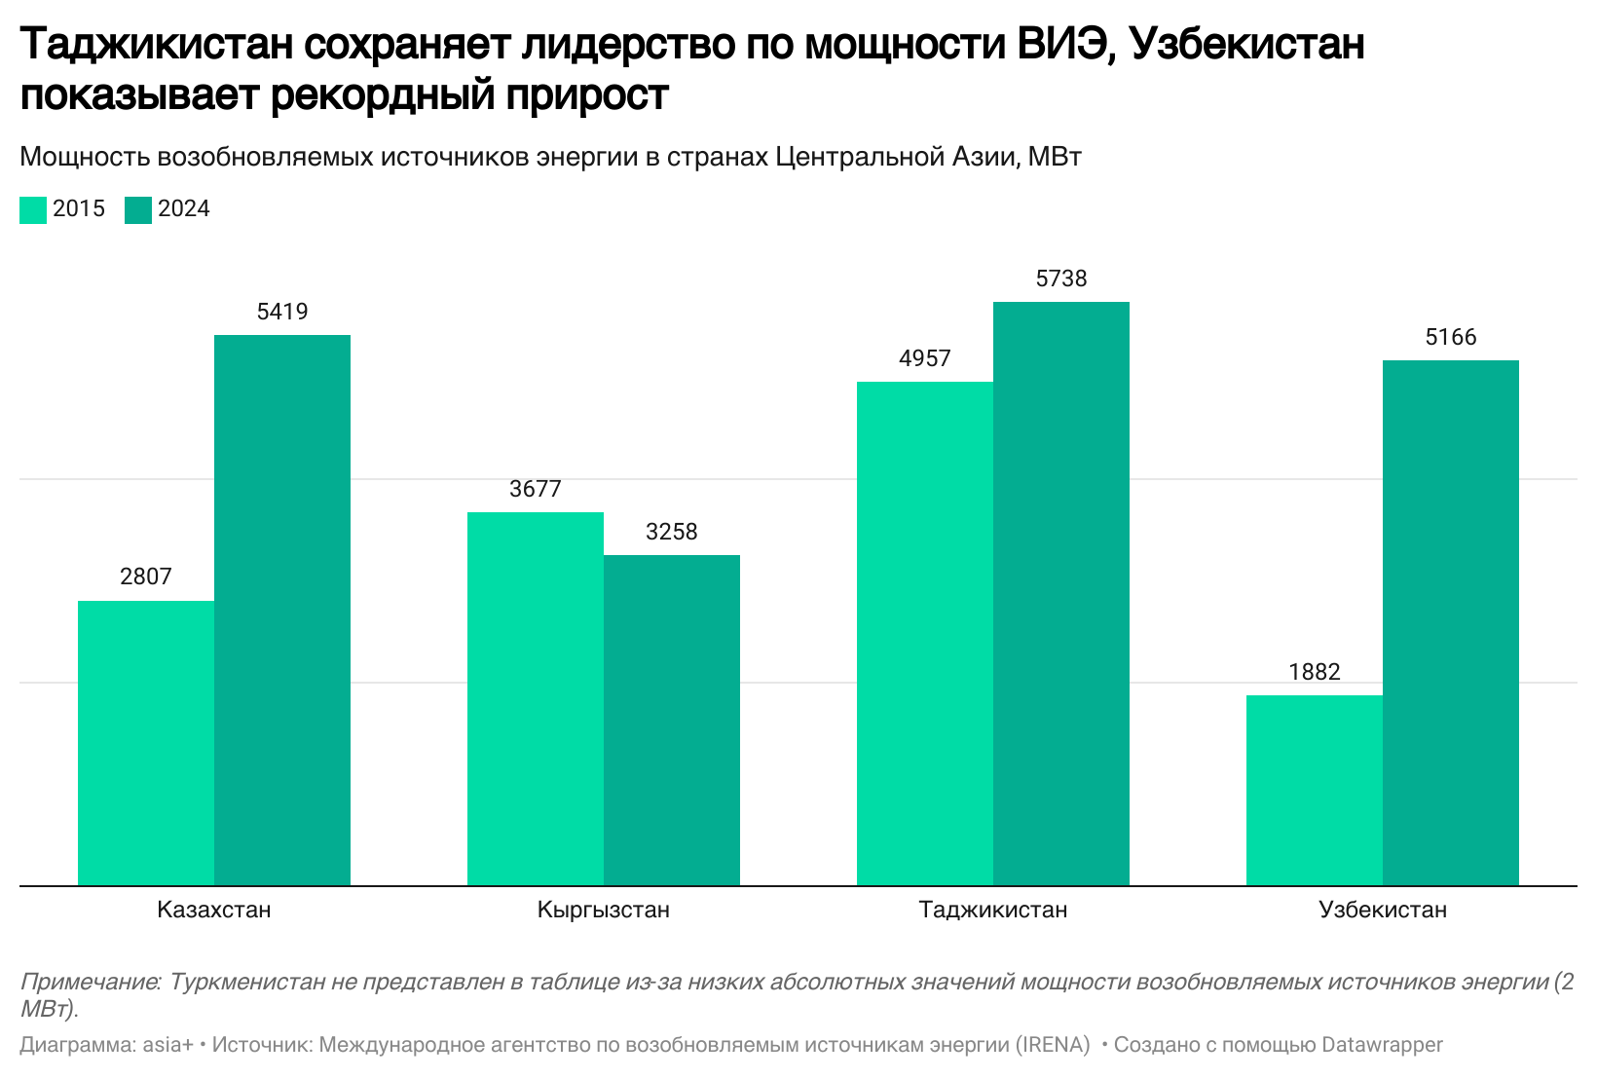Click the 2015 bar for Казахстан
pyautogui.click(x=146, y=743)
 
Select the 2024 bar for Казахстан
pyautogui.click(x=282, y=611)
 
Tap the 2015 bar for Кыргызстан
pyautogui.click(x=536, y=699)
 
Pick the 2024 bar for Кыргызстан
pyautogui.click(x=672, y=721)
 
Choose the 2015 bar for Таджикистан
pyautogui.click(x=925, y=634)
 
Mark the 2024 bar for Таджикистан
pyautogui.click(x=1061, y=594)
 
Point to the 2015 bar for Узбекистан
pyautogui.click(x=1315, y=791)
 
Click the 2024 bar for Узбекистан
pyautogui.click(x=1451, y=623)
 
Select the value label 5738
pyautogui.click(x=1061, y=279)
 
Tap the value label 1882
pyautogui.click(x=1315, y=672)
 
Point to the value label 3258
pyautogui.click(x=672, y=532)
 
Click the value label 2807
pyautogui.click(x=146, y=577)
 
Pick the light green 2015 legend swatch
pyautogui.click(x=33, y=210)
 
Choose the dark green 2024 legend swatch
pyautogui.click(x=138, y=210)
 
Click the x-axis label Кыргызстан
pyautogui.click(x=604, y=911)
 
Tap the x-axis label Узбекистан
pyautogui.click(x=1383, y=911)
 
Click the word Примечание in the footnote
pyautogui.click(x=89, y=982)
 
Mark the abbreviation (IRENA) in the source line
pyautogui.click(x=1053, y=1045)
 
